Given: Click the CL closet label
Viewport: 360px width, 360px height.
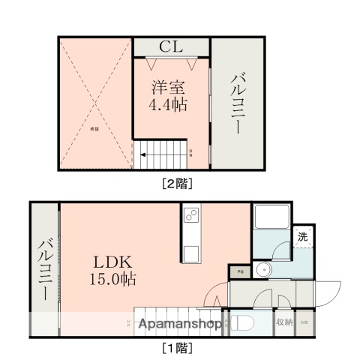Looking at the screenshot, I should [172, 46].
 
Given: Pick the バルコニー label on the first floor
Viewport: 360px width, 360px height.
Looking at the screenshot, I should [44, 268].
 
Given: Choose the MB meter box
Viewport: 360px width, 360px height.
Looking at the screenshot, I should [304, 322].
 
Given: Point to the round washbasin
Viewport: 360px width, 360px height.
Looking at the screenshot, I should [263, 271].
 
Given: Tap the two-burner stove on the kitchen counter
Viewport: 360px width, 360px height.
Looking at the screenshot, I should [190, 217].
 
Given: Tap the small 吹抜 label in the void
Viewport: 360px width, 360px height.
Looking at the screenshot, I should [95, 129].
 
